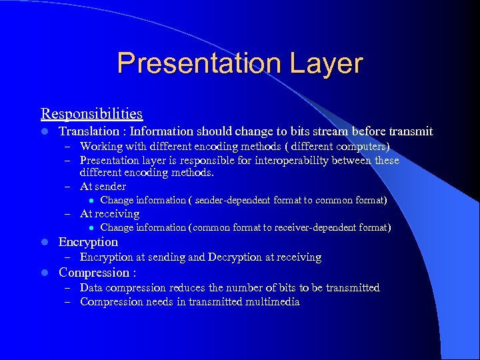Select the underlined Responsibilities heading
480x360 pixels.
point(91,114)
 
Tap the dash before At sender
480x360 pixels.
point(67,187)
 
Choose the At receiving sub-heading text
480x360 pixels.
point(109,214)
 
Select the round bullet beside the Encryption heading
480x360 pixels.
point(44,243)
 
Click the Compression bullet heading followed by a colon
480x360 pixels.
point(97,273)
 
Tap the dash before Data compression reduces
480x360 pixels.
point(67,288)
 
